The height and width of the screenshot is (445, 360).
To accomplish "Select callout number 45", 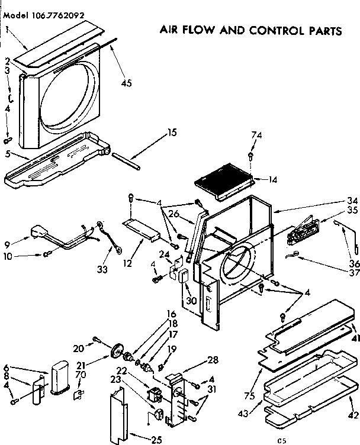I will coord(126,83).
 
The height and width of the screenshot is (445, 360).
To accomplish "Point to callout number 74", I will coord(256,136).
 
